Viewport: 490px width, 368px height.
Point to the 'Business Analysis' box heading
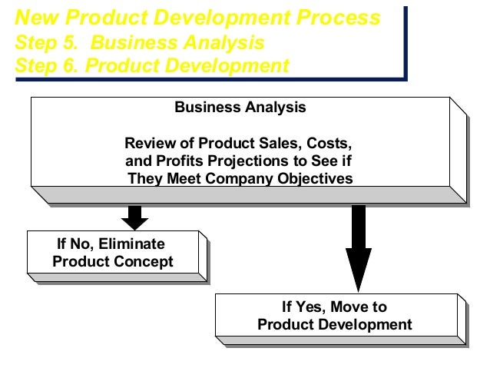(240, 108)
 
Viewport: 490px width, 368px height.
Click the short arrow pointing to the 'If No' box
(135, 217)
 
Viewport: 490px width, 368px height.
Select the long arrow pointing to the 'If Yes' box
(359, 246)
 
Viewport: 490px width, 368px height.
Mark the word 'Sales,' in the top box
(280, 144)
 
